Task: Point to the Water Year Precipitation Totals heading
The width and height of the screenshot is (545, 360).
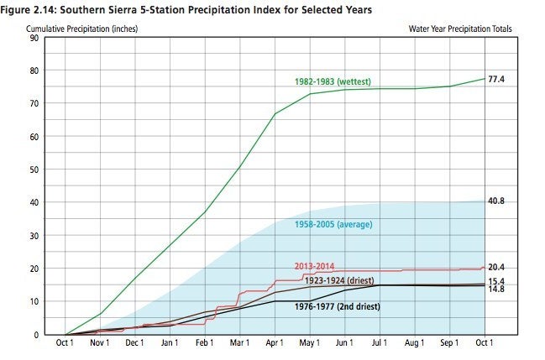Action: [459, 28]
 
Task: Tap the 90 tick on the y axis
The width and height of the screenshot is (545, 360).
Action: [34, 38]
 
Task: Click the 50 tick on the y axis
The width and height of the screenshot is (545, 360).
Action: [34, 170]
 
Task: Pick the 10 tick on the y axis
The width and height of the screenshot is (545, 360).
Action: [34, 301]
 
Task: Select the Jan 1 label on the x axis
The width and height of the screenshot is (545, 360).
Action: [170, 344]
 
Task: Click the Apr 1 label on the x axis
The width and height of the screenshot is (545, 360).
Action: [275, 344]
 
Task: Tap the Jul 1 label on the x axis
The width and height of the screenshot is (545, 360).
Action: [380, 344]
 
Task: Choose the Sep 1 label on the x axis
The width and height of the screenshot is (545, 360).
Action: [449, 344]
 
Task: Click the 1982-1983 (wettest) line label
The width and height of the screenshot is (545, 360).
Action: [333, 81]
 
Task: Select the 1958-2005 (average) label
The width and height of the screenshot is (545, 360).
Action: [333, 224]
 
